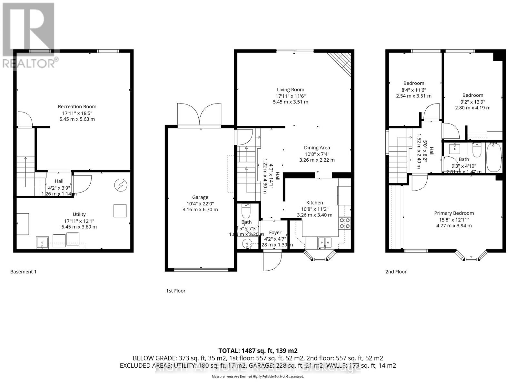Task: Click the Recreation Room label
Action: (x=77, y=106)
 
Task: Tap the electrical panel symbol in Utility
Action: (x=121, y=185)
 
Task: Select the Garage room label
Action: (x=200, y=197)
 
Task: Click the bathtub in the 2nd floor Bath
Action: (x=494, y=158)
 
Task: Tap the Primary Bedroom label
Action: (x=454, y=213)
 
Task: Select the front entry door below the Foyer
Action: (x=272, y=261)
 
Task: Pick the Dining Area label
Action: (x=317, y=148)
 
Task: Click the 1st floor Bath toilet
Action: (x=246, y=211)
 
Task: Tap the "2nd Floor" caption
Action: (x=396, y=272)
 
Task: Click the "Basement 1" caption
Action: (x=23, y=272)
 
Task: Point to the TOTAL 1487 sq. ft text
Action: (x=258, y=351)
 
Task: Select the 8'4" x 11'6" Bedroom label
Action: (x=413, y=83)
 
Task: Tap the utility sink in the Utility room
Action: (x=43, y=242)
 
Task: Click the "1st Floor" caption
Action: (x=176, y=291)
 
